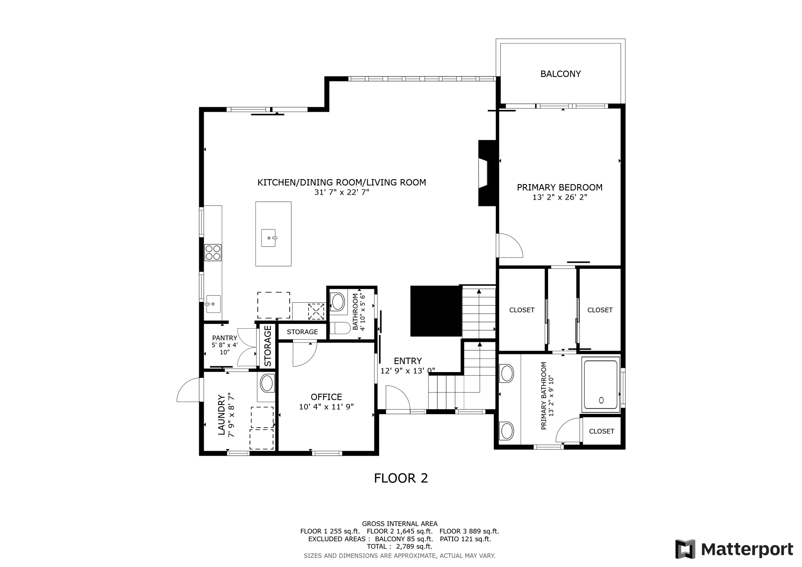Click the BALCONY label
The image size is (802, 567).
(x=560, y=74)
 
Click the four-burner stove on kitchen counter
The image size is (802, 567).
(x=213, y=253)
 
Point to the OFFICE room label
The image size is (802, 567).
(x=326, y=397)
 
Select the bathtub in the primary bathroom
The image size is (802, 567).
(x=600, y=385)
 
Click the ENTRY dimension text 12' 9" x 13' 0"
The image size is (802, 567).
(x=407, y=371)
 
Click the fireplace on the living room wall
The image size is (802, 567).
(x=487, y=173)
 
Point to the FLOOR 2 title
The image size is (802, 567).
(x=401, y=478)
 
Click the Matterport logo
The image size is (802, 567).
(x=734, y=549)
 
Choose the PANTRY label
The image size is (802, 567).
(x=224, y=338)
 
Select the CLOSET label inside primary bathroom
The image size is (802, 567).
(x=601, y=431)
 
